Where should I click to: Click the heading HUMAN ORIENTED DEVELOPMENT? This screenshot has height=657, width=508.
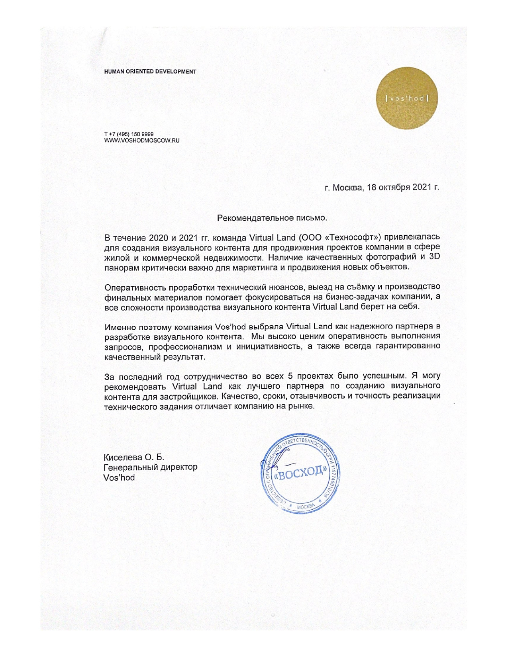[x=150, y=72]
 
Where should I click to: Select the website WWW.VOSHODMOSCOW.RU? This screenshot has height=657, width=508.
[x=141, y=141]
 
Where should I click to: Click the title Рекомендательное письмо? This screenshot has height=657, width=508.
[x=272, y=218]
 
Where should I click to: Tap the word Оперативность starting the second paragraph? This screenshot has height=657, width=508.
[x=134, y=287]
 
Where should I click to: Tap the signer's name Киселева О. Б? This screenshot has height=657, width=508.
[x=134, y=457]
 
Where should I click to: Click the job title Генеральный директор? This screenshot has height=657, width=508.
[x=150, y=467]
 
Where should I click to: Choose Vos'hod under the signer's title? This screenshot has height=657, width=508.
[x=119, y=477]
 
